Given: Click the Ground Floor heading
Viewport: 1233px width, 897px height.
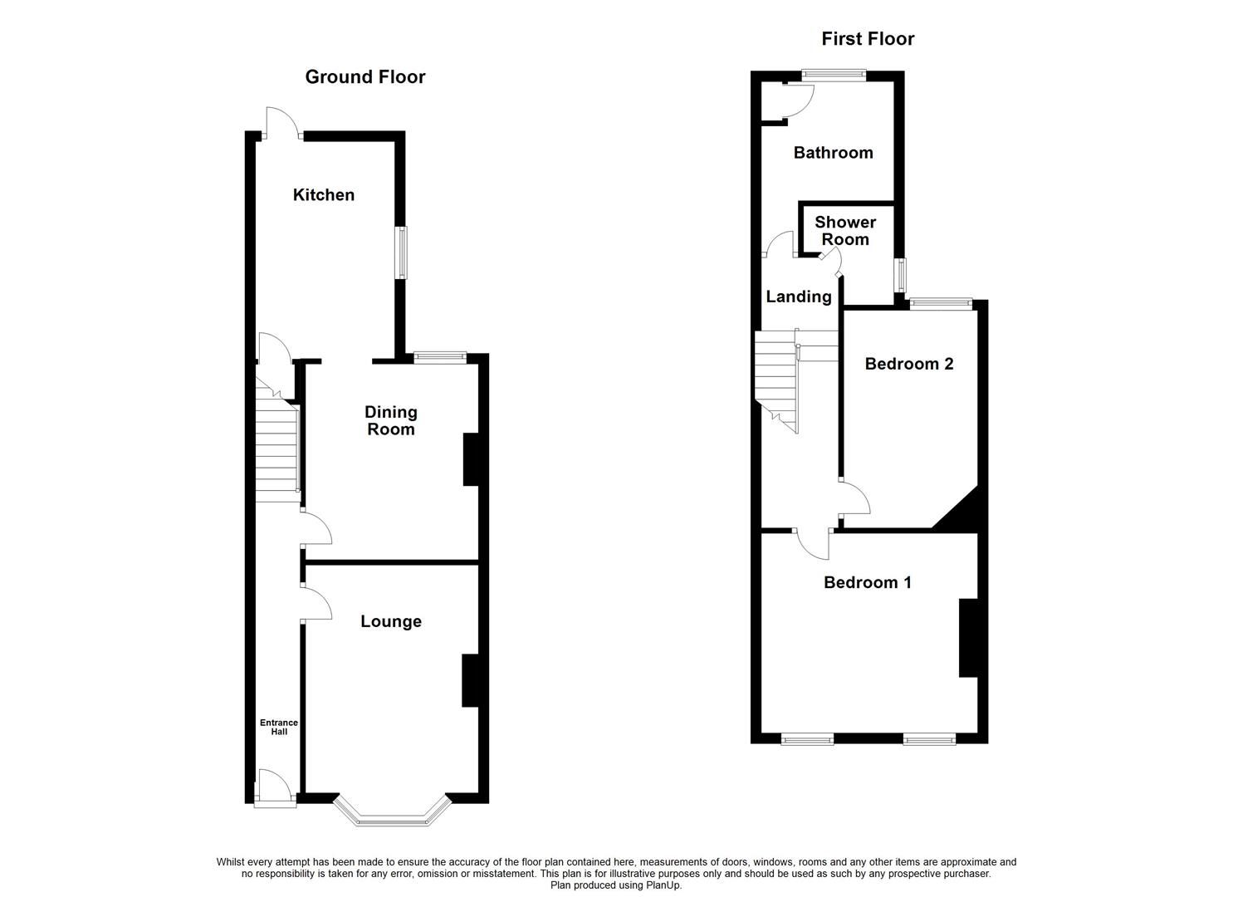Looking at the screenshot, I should tap(365, 77).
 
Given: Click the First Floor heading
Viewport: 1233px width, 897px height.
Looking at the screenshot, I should tap(868, 39).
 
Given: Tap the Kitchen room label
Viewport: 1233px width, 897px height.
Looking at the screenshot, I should tap(324, 195).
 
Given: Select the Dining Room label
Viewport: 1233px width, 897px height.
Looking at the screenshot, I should tap(391, 421).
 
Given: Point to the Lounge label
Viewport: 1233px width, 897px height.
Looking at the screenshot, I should tap(391, 622).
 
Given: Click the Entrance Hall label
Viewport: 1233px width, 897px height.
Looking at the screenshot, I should tap(279, 728).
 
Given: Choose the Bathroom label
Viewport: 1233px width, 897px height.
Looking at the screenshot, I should tap(833, 153).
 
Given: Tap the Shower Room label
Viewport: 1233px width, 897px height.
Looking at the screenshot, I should tap(845, 231).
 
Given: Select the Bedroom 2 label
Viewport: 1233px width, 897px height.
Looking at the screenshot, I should tap(909, 364).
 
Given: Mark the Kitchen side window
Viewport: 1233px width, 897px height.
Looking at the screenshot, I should tap(402, 252).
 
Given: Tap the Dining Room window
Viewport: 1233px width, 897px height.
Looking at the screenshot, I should tap(440, 357).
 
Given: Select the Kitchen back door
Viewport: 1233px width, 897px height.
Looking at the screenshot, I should tap(280, 129).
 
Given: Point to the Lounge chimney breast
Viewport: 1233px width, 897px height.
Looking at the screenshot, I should tap(470, 681).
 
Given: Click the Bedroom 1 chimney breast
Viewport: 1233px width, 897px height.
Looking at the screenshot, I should tap(967, 638).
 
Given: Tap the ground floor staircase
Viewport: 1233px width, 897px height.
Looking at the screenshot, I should tap(276, 448).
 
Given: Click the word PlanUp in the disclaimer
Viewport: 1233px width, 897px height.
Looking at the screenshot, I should tap(663, 885).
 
